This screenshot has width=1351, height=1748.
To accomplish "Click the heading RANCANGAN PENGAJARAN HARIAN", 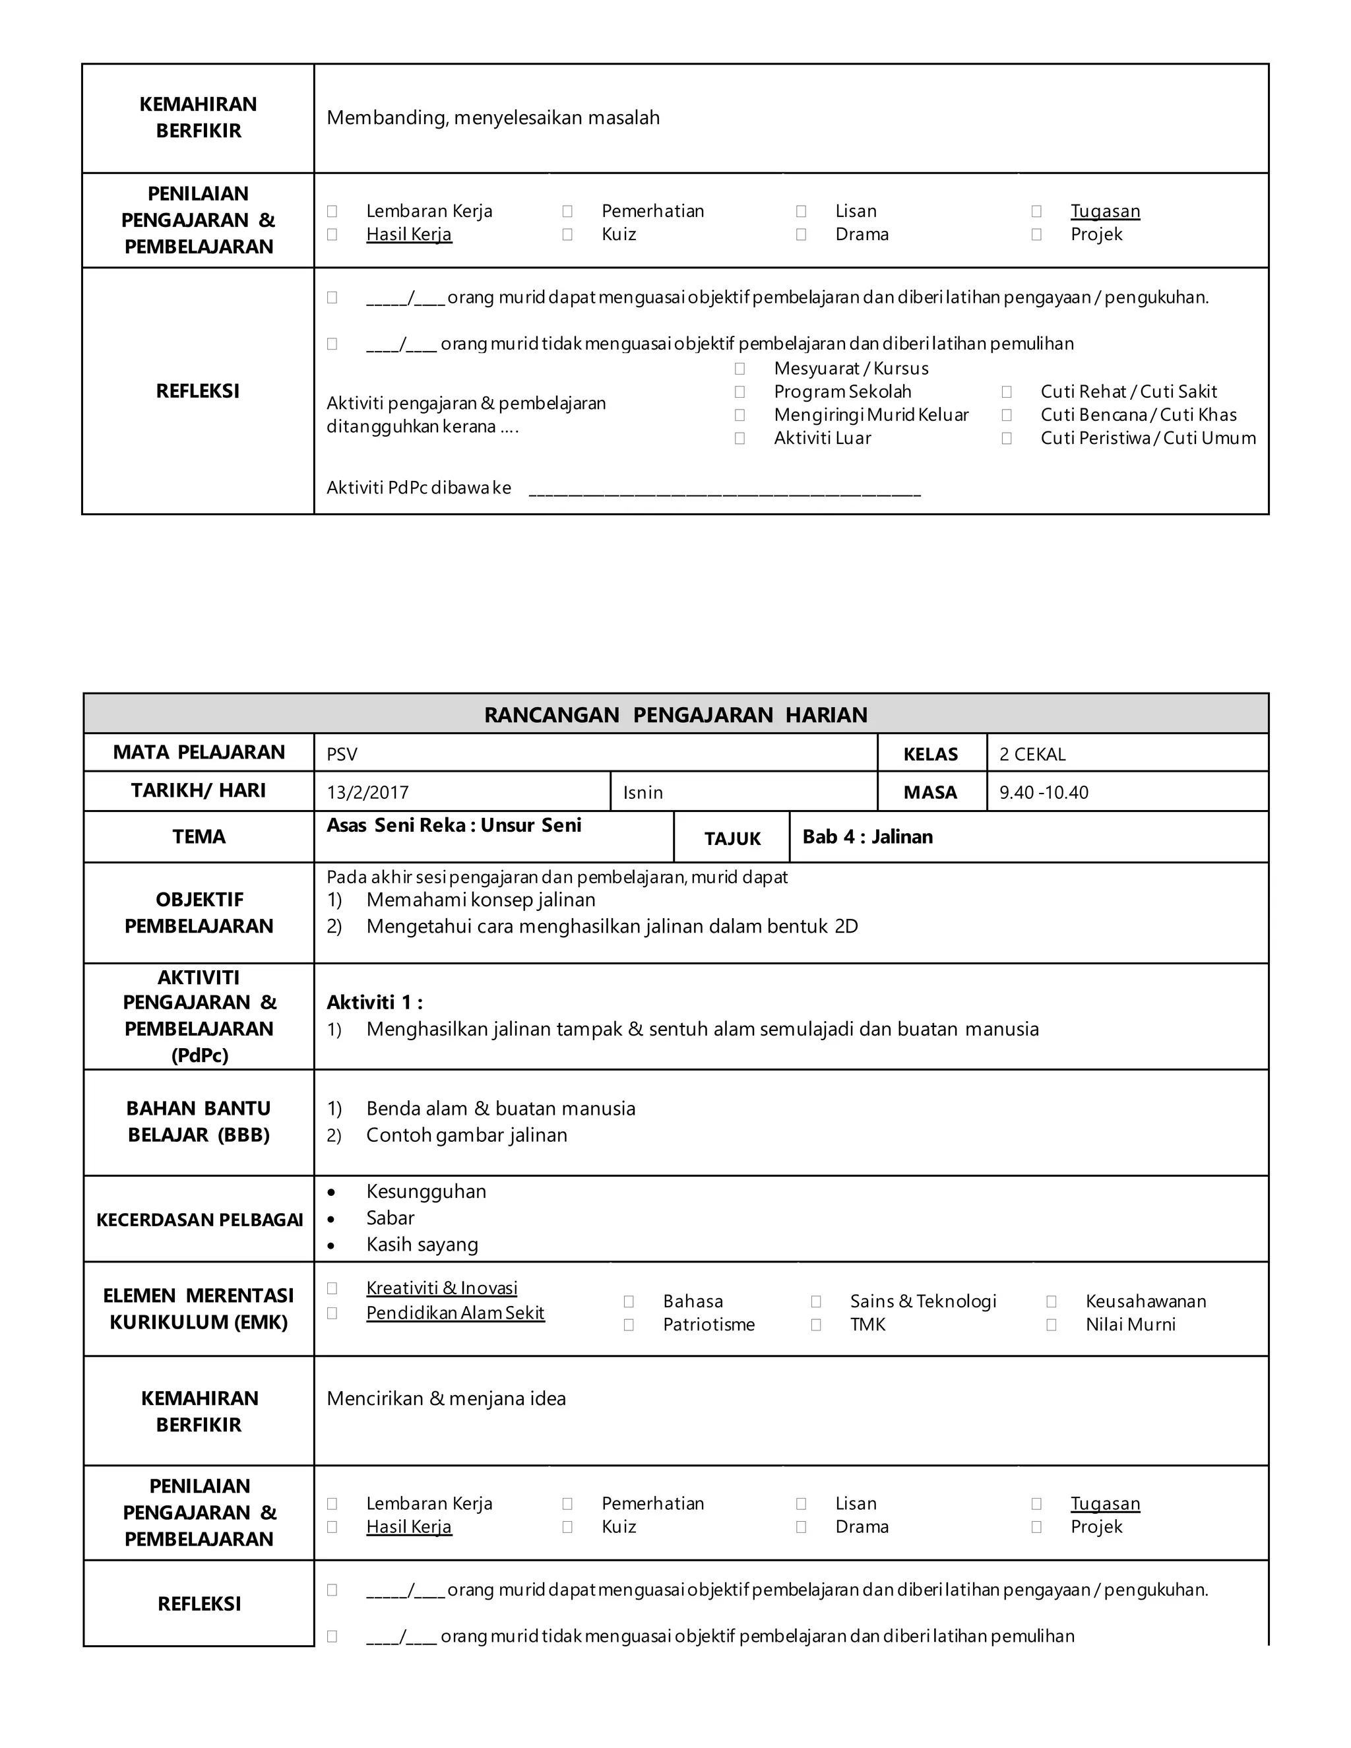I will (x=675, y=715).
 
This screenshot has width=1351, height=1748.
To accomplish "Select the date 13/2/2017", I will (x=367, y=792).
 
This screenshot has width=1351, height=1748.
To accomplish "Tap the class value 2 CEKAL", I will (x=1032, y=754).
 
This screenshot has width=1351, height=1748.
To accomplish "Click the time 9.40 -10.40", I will (x=1044, y=792).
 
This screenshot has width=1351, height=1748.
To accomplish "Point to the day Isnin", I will (x=643, y=792).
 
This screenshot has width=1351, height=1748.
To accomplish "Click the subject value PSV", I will (x=342, y=754).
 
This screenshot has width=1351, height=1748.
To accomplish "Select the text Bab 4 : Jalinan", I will (x=867, y=836).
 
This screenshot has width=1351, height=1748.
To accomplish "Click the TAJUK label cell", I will (x=732, y=838).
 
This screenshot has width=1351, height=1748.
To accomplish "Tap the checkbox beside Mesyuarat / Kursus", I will (x=739, y=368).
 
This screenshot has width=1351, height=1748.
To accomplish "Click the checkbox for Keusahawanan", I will (x=1051, y=1301).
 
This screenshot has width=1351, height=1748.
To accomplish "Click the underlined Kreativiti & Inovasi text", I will (x=442, y=1288).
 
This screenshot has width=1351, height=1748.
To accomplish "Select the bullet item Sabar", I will (x=390, y=1218).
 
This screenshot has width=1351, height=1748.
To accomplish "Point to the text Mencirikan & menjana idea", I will (x=446, y=1398).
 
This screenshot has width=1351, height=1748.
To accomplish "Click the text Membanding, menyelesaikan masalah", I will (x=493, y=117).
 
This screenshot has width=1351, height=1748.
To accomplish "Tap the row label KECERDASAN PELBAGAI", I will (x=199, y=1220).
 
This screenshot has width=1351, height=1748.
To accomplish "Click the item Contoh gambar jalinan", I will (x=466, y=1135).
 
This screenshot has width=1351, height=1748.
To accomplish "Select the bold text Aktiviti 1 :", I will (x=375, y=1002).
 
